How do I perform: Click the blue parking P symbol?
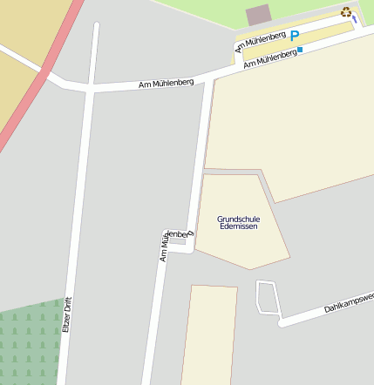295,36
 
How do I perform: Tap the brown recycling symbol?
346,12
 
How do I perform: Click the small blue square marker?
301,51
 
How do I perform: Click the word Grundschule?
239,218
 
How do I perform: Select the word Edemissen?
239,226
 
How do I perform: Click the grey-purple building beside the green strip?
258,15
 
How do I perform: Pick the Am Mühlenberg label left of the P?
260,41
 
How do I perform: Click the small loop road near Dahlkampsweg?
268,297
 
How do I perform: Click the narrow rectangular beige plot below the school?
210,335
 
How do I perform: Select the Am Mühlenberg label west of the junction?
166,84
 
